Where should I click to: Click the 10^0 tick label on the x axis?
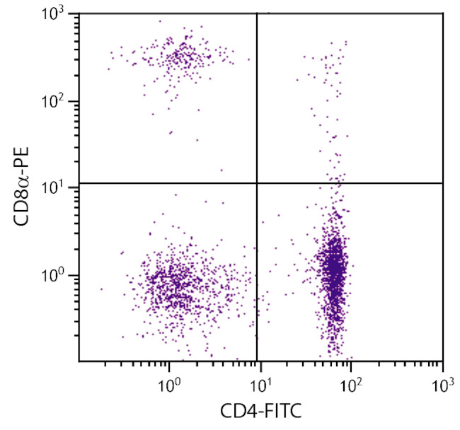pos(169,385)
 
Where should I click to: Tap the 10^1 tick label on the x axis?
pos(261,385)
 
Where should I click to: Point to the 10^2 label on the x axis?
pos(351,385)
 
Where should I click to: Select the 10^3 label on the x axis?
pos(442,385)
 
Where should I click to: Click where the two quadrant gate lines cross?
pos(256,183)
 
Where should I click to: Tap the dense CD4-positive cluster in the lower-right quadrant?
pos(333,269)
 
